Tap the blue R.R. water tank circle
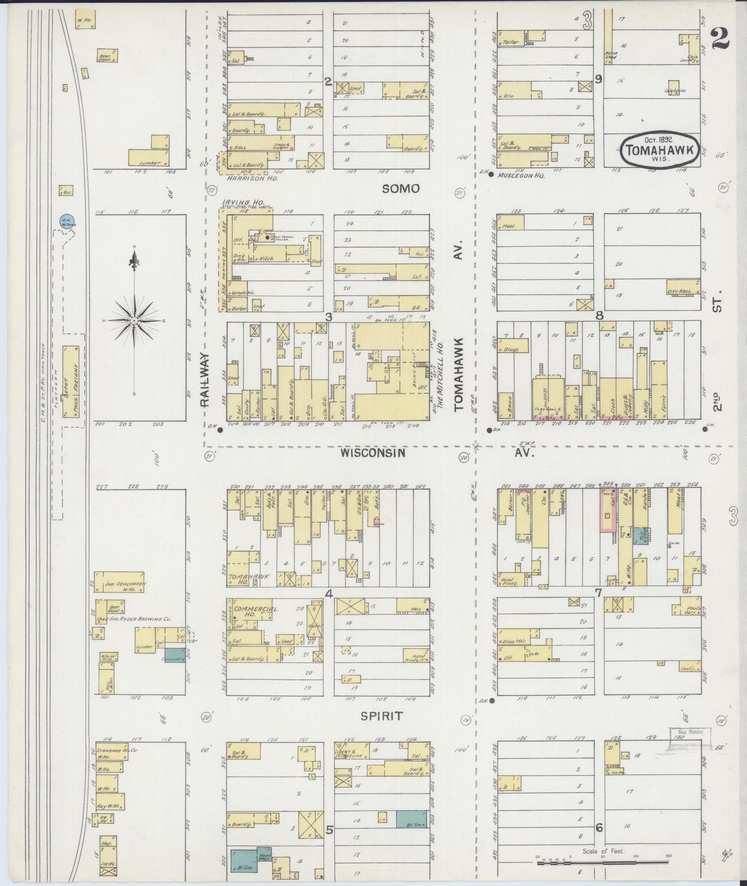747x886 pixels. point(66,221)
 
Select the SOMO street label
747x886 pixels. point(401,189)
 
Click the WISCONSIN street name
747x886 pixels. point(371,453)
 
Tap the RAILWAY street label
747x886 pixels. point(205,381)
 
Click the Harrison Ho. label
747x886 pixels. point(252,178)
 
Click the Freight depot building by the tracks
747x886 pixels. point(71,381)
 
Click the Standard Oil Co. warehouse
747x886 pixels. point(111,753)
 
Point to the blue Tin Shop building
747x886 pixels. point(641,536)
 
